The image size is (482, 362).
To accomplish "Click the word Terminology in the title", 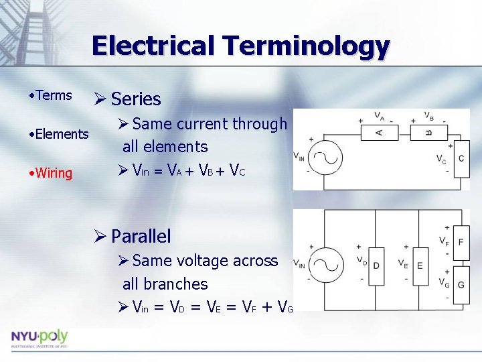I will (x=307, y=46).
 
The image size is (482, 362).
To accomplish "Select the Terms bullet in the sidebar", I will (x=54, y=95).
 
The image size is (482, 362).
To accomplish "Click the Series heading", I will (x=136, y=99).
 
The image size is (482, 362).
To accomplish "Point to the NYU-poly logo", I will (x=39, y=337).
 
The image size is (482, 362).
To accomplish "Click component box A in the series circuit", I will (x=380, y=132).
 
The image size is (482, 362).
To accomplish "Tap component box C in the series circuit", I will (x=461, y=159).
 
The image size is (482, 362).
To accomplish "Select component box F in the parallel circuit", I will (x=461, y=239).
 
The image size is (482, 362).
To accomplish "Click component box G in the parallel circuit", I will (x=461, y=284).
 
